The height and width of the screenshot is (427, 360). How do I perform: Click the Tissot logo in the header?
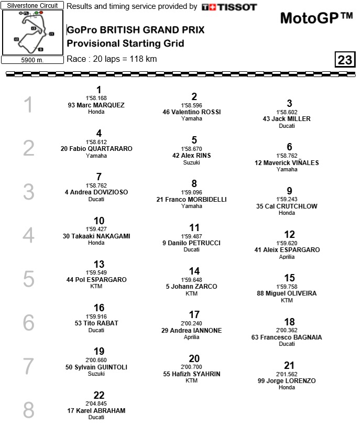pos(229,7)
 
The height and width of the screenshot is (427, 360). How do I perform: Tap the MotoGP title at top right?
pos(317,18)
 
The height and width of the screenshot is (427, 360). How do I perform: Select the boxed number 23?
pos(345,60)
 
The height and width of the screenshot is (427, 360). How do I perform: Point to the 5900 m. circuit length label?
pos(32,60)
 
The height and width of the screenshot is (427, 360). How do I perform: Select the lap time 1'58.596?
pos(194,105)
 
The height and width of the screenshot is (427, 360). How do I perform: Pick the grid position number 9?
pos(289,191)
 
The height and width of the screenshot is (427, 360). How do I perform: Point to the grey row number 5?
pos(28,279)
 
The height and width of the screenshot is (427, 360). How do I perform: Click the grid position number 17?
pos(194,315)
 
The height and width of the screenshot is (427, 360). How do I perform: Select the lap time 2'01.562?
pos(287,374)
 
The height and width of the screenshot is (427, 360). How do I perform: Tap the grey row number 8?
pos(28,410)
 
